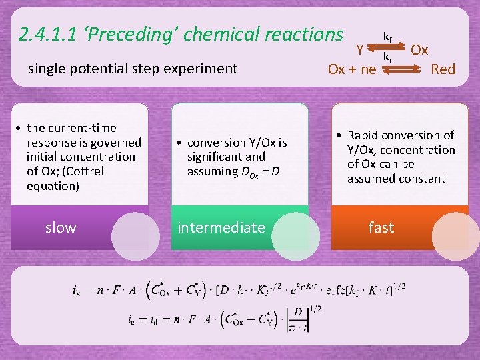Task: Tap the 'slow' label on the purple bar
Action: tap(61, 228)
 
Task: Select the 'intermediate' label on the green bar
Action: tap(221, 228)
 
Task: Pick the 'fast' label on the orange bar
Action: tap(381, 228)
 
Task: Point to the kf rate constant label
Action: tap(387, 36)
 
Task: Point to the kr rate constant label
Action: tap(387, 58)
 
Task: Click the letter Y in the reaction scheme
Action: tap(359, 49)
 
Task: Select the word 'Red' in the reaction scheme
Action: tap(443, 69)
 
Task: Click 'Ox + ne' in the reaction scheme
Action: tap(352, 69)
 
